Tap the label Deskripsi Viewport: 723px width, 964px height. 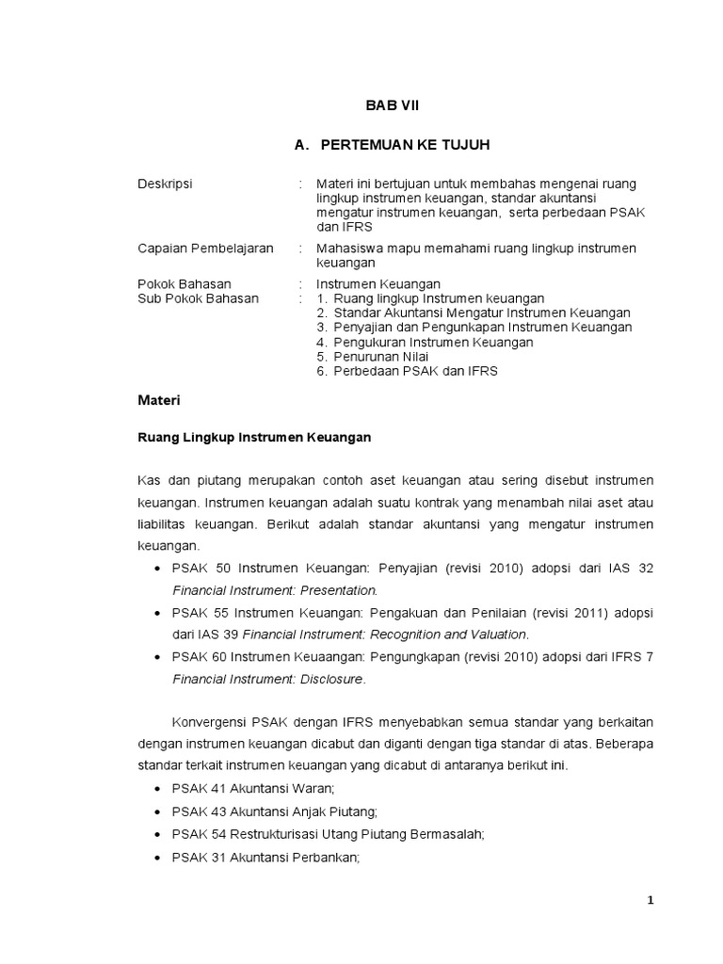coord(165,184)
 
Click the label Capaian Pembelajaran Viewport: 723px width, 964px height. coord(205,248)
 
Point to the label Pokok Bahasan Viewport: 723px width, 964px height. coord(185,283)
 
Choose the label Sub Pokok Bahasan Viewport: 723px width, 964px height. coord(198,297)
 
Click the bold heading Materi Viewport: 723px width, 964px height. coord(158,400)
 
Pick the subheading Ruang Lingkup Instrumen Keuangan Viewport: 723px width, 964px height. coord(254,438)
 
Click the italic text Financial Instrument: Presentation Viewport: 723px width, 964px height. coord(275,590)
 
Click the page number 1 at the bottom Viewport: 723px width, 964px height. coord(650,900)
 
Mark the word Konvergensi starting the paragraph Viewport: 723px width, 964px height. coord(210,721)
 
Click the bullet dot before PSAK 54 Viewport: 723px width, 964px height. coord(156,834)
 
